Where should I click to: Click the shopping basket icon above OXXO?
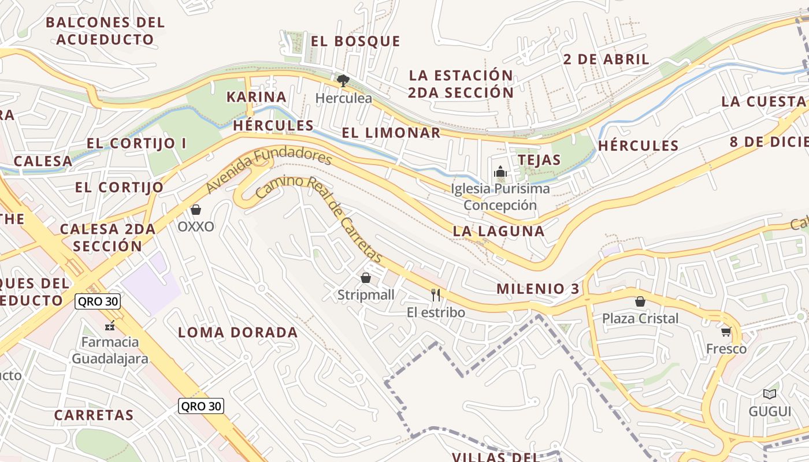coord(196,210)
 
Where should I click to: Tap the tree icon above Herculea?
coord(343,81)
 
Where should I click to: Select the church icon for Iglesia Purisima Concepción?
coord(500,172)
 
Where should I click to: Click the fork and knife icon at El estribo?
coord(436,295)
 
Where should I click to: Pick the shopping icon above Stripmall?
coord(365,278)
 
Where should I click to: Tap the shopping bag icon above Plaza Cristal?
coord(640,301)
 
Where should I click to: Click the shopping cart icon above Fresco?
coord(726,331)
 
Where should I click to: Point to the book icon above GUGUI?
coord(769,394)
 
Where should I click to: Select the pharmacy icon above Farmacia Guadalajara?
coord(110,326)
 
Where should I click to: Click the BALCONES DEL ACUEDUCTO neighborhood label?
coord(105,31)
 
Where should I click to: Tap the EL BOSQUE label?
coord(355,41)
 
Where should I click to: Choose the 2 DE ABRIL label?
coord(606,59)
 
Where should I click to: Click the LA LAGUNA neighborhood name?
coord(498,231)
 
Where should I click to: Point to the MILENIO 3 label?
coord(537,289)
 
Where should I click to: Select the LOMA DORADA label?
coord(237,332)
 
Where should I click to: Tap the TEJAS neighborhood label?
coord(539,159)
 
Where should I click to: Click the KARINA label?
coord(256,96)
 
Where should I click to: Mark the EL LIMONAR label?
coord(391,132)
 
